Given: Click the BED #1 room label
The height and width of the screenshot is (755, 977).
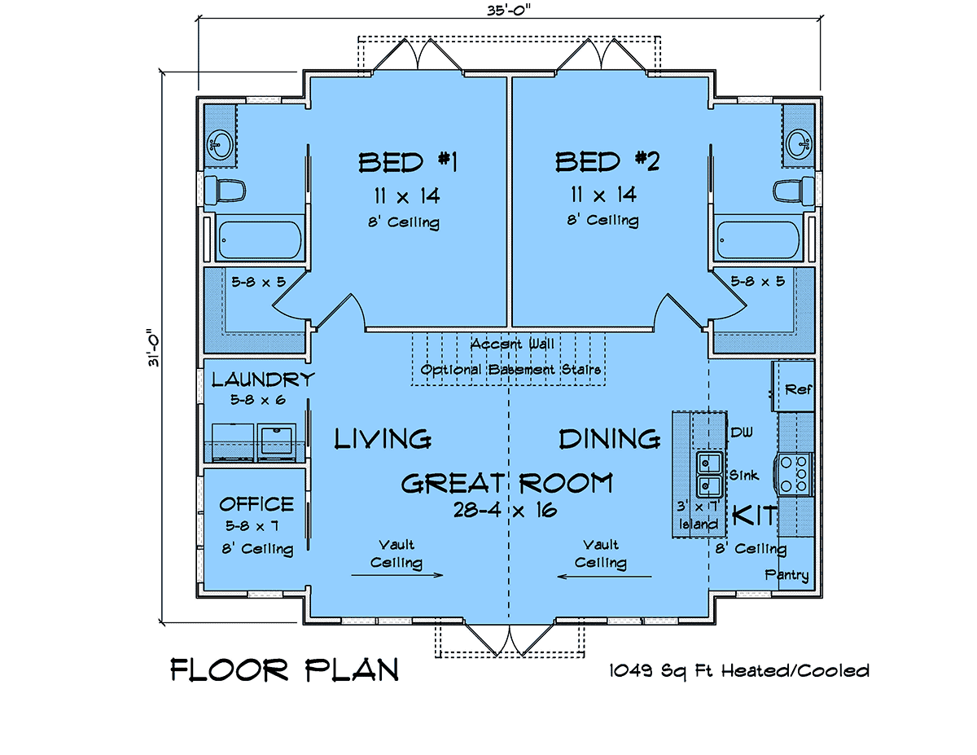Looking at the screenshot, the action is click(x=408, y=162).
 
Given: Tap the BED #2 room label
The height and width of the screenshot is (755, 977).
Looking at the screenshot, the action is click(x=607, y=161).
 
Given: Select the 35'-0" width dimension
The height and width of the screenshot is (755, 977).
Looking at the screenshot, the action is click(x=509, y=10).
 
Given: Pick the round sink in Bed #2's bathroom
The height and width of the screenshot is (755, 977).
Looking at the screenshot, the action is click(x=799, y=144).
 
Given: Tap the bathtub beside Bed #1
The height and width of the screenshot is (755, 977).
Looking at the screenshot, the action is click(x=261, y=239).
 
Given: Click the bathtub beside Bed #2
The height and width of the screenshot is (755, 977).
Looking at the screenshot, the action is click(x=758, y=239).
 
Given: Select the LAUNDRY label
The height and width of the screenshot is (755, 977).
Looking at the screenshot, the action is click(x=263, y=380).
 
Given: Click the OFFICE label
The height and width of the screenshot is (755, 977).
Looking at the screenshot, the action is click(x=256, y=504).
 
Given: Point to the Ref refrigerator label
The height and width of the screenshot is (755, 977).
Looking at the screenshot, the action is click(x=798, y=389).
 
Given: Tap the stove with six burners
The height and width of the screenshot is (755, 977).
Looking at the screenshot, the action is click(x=794, y=473).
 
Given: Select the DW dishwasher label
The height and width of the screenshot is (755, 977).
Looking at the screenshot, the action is click(x=742, y=432).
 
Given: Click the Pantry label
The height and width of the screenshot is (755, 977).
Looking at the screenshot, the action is click(x=786, y=575).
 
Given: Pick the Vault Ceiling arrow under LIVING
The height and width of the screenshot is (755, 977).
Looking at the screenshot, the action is click(x=397, y=575).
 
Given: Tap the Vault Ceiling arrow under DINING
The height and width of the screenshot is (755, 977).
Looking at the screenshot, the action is click(x=604, y=576).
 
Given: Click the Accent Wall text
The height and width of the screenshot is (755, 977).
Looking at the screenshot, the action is click(x=512, y=345).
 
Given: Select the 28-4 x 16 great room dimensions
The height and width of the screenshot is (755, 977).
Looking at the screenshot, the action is click(x=505, y=510).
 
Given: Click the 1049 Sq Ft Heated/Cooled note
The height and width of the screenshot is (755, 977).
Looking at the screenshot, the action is click(x=738, y=670).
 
